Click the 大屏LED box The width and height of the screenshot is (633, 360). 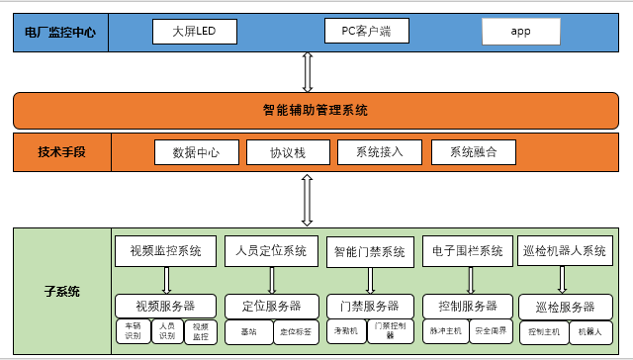point(196,32)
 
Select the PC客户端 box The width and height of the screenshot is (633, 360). point(366,32)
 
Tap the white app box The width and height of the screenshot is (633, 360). point(521,32)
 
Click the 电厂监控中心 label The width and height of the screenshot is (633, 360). point(61,32)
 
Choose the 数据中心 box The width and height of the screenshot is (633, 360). point(196,153)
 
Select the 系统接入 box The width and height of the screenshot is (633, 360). point(378,153)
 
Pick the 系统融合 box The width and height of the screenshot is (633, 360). point(474,153)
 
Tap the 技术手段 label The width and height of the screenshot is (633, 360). point(61,152)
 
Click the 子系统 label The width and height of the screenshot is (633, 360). point(61,292)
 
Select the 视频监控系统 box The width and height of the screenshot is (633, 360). point(165,251)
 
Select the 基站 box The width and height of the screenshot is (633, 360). point(246,331)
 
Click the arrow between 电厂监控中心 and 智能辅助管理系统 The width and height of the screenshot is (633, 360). point(309,72)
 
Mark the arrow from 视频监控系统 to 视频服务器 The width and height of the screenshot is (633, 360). point(166,280)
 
